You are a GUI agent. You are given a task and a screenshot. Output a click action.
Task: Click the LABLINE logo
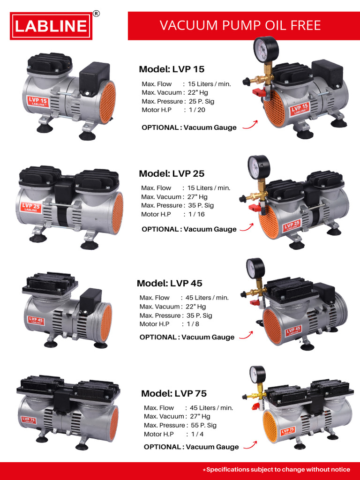click(x=51, y=26)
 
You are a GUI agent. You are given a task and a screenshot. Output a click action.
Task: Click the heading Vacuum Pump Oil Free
click(x=240, y=25)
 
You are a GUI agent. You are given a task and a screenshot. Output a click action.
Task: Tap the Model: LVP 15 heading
click(x=172, y=69)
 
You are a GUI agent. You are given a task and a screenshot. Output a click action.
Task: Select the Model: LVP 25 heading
click(x=172, y=173)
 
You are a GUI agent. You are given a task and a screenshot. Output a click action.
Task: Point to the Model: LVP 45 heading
click(x=170, y=283)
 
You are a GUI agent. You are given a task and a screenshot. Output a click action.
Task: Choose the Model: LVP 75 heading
click(x=174, y=393)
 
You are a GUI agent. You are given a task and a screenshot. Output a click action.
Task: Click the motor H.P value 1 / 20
click(x=197, y=110)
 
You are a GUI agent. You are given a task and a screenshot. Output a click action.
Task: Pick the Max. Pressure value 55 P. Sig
click(x=203, y=426)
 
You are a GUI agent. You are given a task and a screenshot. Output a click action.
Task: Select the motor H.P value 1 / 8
click(x=194, y=324)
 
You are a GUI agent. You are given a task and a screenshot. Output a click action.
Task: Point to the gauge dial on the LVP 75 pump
click(x=257, y=375)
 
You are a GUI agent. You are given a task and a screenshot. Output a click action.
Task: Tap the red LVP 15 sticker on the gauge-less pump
click(x=38, y=102)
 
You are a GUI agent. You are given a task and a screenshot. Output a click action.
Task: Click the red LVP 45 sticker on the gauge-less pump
click(x=36, y=321)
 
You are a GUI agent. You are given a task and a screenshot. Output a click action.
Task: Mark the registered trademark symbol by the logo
click(x=96, y=14)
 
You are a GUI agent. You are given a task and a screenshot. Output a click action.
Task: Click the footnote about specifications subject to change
click(x=278, y=469)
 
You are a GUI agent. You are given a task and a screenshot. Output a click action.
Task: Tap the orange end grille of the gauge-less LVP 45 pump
click(x=106, y=323)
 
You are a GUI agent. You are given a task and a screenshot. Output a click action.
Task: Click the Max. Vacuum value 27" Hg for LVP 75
click(x=200, y=416)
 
